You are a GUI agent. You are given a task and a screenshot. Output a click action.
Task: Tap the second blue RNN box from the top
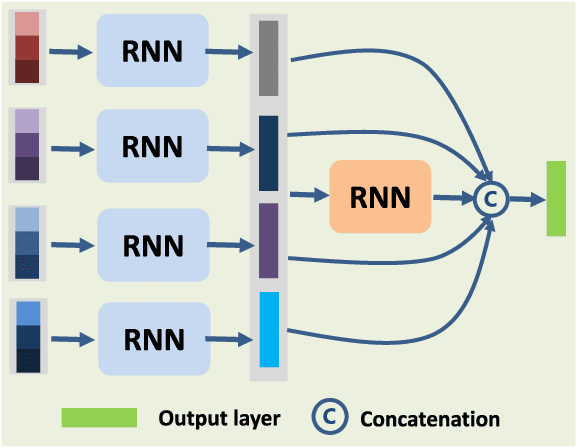point(152,146)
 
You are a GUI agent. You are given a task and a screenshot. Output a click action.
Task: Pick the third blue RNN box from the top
point(152,243)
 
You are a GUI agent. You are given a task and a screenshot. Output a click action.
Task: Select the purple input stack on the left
point(28,144)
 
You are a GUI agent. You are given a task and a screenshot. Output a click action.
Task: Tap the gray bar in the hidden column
point(268,57)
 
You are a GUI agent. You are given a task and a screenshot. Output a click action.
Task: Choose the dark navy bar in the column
point(268,152)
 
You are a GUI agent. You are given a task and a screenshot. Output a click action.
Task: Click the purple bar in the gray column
point(268,240)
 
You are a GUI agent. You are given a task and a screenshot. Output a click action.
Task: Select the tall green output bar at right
point(556,198)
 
